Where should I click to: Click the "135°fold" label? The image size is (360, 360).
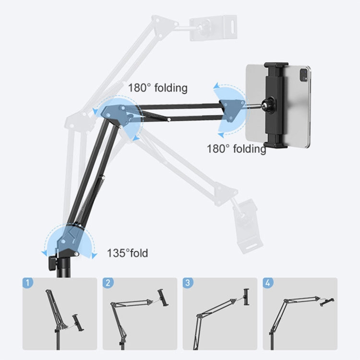[127, 253]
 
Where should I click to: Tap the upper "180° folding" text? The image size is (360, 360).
[157, 88]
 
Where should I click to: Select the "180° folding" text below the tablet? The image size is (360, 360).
[236, 149]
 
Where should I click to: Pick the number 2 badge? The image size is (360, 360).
[109, 283]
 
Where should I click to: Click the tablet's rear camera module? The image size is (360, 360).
[303, 74]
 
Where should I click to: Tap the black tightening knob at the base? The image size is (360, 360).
[51, 263]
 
